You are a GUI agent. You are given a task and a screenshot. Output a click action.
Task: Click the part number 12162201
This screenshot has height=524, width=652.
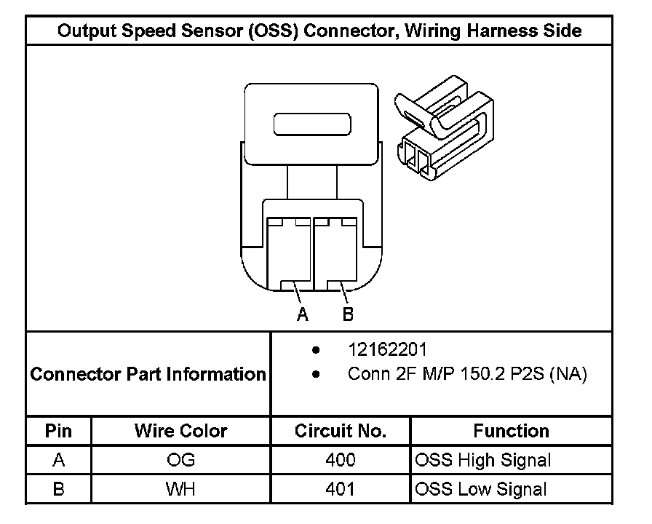click(388, 350)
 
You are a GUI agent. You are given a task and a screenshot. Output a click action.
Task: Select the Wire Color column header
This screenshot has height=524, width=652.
click(180, 430)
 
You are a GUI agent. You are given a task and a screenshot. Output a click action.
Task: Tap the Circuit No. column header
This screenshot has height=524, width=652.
click(340, 430)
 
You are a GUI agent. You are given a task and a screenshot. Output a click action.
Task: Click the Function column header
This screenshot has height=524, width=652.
click(511, 430)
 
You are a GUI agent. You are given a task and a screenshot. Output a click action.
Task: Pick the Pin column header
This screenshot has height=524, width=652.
click(59, 430)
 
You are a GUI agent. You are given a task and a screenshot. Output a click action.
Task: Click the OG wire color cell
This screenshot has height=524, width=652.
click(180, 460)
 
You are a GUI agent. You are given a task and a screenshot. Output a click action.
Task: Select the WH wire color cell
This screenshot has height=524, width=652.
click(180, 488)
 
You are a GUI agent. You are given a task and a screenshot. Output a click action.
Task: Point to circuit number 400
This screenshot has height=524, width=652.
click(341, 460)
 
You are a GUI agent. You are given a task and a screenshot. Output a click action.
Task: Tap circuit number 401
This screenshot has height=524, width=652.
click(341, 488)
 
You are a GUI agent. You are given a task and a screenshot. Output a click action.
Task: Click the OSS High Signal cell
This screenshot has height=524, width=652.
click(482, 460)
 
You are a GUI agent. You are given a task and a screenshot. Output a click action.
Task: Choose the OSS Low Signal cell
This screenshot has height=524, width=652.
click(480, 488)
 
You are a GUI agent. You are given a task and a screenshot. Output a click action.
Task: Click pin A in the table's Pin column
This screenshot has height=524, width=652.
click(59, 460)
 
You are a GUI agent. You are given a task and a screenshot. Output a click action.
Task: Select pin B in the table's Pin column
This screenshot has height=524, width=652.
click(59, 488)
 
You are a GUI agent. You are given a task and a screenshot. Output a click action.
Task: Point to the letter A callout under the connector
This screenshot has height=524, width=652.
click(303, 315)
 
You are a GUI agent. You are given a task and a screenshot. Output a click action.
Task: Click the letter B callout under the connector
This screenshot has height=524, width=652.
click(347, 315)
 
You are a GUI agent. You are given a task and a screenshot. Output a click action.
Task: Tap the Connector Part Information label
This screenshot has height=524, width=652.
click(148, 375)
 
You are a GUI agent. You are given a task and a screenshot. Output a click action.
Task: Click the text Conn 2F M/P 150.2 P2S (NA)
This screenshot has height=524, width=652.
click(467, 375)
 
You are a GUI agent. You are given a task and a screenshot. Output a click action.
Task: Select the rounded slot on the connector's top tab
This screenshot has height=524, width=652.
click(311, 124)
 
